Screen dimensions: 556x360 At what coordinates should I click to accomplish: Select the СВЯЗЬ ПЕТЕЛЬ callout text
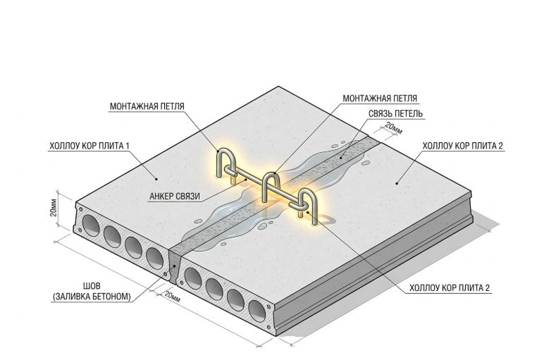coord(395,113)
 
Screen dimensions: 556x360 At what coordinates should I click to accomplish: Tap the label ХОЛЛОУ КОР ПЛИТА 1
coord(89,146)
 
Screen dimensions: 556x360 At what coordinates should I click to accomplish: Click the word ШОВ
coord(92,285)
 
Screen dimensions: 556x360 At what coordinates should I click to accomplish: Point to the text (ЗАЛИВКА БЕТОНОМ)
coord(92,297)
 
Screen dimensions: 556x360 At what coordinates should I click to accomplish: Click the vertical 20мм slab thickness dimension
coord(54,209)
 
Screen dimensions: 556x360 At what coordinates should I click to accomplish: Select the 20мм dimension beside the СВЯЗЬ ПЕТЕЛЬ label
coord(393,129)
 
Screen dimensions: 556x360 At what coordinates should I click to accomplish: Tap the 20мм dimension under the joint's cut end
coord(172,297)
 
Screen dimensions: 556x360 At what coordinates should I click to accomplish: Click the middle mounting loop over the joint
coord(271,187)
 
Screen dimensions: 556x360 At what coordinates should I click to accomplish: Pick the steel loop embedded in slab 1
coord(225,163)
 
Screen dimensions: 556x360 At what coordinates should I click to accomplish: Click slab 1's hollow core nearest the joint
coord(154,259)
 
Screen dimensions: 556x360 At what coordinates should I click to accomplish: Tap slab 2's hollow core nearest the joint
coord(193,278)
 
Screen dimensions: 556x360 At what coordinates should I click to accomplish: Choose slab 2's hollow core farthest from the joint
coord(257,311)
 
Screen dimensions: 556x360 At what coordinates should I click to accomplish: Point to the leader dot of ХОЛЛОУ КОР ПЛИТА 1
coord(156,180)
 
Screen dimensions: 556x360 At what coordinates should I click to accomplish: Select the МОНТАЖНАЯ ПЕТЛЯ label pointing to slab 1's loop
coord(147,106)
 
